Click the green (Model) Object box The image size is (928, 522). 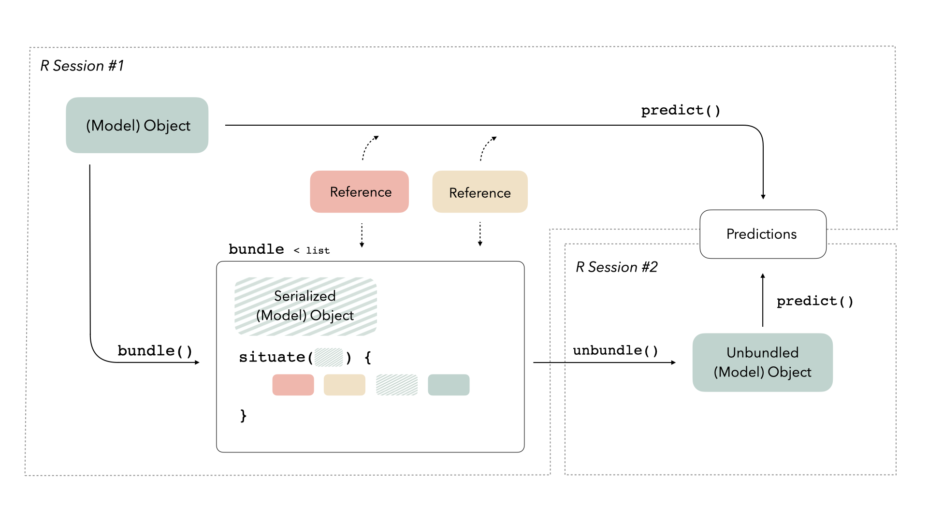[137, 125]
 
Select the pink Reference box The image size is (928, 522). [360, 192]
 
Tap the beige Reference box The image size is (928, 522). [479, 192]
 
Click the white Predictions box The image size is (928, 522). [763, 234]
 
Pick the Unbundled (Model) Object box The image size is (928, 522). [762, 362]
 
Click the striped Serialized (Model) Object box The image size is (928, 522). [305, 306]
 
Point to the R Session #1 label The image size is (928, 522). [82, 66]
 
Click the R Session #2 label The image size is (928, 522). [616, 267]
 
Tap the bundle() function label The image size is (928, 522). [155, 350]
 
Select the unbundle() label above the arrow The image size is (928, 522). [615, 350]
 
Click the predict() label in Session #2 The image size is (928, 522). [815, 301]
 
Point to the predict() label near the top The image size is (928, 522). [681, 110]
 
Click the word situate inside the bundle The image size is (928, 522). [272, 357]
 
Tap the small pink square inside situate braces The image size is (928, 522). [293, 385]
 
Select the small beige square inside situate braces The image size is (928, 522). [344, 385]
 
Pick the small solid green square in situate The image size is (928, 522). [449, 385]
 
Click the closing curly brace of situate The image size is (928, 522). [243, 415]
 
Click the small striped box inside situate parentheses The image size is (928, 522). [329, 357]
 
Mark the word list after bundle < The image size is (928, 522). [318, 250]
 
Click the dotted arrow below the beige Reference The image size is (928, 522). [480, 234]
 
